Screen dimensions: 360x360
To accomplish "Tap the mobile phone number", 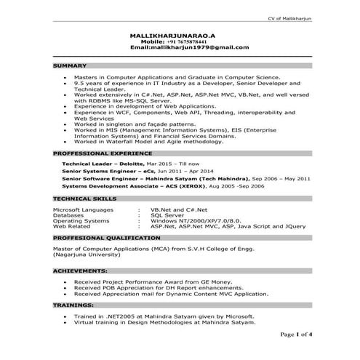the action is click(179, 41).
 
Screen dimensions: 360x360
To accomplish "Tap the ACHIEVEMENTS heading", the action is click(82, 270).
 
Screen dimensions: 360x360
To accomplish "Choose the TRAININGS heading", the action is click(74, 306).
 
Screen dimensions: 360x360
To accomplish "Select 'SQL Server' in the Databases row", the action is click(167, 215).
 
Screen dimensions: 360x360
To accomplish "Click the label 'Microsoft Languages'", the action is click(84, 209).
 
